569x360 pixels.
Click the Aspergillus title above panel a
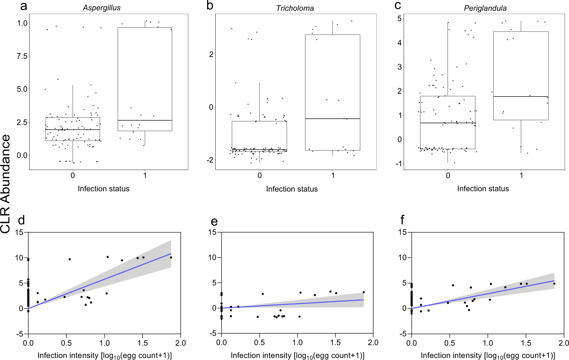click(x=101, y=8)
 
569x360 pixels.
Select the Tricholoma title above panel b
click(x=295, y=8)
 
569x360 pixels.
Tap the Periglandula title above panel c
click(x=485, y=8)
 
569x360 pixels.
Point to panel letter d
click(x=22, y=220)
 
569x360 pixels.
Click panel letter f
click(x=402, y=220)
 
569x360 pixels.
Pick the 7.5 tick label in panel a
click(x=22, y=56)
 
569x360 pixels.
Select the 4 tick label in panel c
click(x=399, y=43)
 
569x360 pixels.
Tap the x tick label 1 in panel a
click(x=145, y=175)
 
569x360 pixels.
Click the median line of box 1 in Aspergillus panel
click(x=145, y=120)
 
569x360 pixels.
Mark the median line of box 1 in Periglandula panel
click(x=521, y=97)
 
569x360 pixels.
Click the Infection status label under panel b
click(x=292, y=189)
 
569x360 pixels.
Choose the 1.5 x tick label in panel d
click(x=143, y=343)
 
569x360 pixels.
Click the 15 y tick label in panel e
click(x=212, y=232)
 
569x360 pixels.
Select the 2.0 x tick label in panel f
click(x=563, y=343)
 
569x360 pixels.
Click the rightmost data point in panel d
click(x=171, y=258)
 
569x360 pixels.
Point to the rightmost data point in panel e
click(x=363, y=292)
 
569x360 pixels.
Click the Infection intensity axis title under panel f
click(x=488, y=355)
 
